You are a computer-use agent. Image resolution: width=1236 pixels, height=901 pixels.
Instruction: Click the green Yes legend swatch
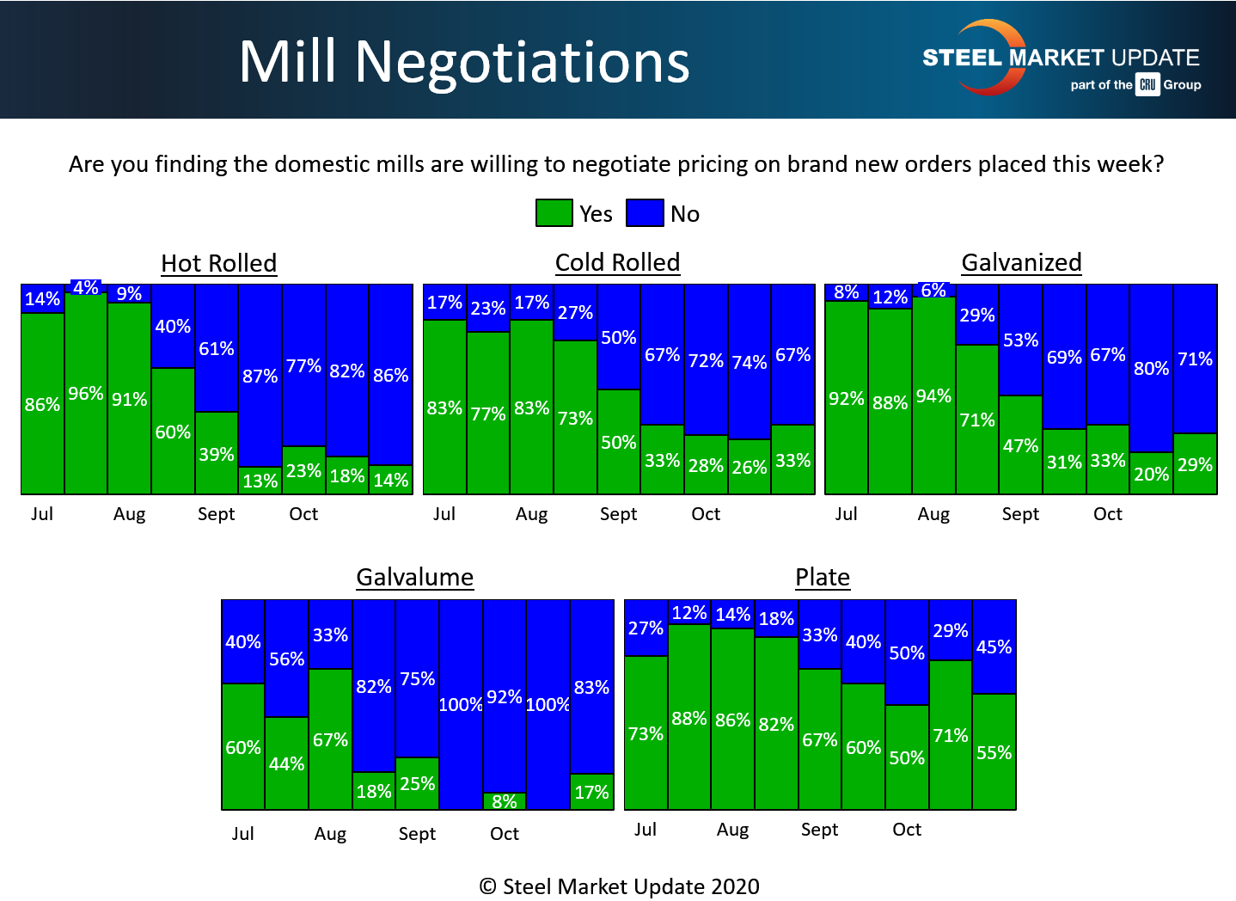(x=554, y=213)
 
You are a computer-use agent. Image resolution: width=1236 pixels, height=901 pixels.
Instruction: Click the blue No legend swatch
(x=645, y=213)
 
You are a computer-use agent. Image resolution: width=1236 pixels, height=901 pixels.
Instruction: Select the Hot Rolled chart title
(x=219, y=263)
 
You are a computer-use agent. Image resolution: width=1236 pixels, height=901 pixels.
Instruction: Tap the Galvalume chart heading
(x=415, y=577)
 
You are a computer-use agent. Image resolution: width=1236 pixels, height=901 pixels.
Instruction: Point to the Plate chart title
(x=823, y=577)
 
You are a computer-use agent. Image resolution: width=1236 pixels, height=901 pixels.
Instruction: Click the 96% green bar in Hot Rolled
(x=86, y=394)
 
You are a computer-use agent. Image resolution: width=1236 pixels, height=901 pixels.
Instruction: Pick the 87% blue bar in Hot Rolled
(x=260, y=376)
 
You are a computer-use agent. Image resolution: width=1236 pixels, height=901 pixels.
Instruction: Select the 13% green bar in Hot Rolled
(x=260, y=481)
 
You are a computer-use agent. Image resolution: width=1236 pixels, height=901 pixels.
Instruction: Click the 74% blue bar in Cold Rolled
(x=750, y=362)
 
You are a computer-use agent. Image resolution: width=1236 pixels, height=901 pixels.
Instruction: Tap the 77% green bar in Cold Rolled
(x=488, y=414)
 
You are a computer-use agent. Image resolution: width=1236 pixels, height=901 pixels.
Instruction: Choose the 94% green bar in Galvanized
(x=933, y=396)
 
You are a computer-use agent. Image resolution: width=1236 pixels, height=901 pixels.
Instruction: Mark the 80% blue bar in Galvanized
(x=1151, y=368)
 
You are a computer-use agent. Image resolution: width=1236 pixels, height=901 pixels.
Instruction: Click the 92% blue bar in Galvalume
(x=505, y=696)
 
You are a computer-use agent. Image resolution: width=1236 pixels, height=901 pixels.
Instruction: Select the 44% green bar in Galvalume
(x=286, y=763)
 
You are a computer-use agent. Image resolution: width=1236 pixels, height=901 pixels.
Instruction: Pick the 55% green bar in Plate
(x=994, y=752)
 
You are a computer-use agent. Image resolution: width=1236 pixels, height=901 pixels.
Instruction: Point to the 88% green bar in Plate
(x=689, y=718)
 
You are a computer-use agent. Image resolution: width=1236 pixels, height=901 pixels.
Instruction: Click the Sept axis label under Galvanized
(x=1020, y=514)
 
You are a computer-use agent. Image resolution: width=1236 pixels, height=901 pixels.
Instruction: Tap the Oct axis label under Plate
(x=907, y=830)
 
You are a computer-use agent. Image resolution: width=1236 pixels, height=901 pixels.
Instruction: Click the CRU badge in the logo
(x=1147, y=84)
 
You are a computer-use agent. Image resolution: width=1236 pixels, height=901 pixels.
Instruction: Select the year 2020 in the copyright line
(x=735, y=886)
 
